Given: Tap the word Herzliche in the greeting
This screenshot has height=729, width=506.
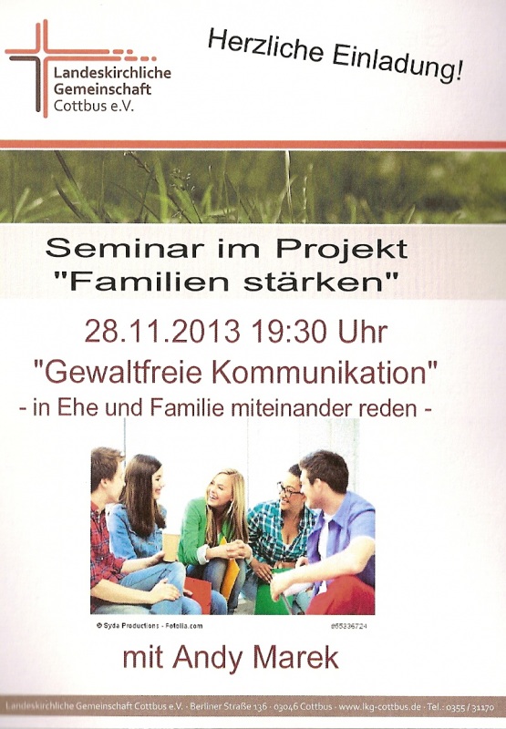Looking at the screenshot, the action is [x=265, y=46].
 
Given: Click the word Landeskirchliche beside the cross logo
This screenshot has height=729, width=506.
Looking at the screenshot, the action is [x=112, y=73].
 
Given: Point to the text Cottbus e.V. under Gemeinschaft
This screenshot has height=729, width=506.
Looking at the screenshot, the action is [x=94, y=106].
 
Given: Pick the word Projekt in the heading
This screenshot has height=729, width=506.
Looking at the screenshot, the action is [x=342, y=249].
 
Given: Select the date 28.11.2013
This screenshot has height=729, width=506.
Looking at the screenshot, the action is [x=163, y=332].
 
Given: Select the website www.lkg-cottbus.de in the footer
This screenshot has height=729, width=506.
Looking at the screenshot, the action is [x=380, y=707].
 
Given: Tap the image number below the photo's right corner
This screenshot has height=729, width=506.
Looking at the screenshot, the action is [x=349, y=626].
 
